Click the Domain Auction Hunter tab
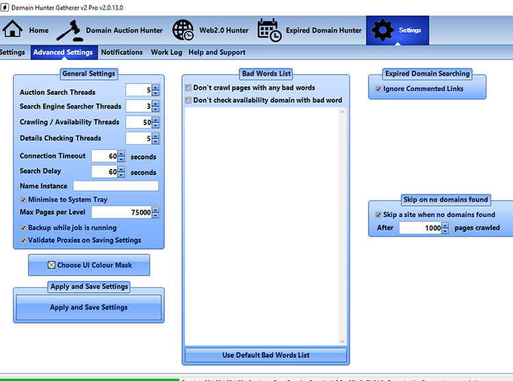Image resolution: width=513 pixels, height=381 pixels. (109, 30)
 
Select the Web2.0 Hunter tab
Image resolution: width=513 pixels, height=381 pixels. (211, 30)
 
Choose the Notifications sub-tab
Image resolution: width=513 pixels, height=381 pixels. (122, 52)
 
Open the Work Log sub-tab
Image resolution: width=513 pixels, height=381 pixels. (166, 52)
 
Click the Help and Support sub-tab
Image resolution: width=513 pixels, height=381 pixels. (217, 52)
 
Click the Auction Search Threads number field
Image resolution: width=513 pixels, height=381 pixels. (139, 90)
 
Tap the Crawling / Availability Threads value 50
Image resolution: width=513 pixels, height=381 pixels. (139, 122)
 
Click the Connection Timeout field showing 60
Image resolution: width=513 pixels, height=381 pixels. (105, 156)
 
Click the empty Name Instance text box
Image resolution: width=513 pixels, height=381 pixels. (116, 186)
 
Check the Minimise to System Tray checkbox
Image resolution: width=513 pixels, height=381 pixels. (23, 200)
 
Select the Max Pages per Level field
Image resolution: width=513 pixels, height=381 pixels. (122, 213)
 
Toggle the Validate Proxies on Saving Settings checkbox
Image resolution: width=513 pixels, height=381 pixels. (23, 240)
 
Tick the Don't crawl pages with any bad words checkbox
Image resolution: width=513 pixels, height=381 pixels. (189, 88)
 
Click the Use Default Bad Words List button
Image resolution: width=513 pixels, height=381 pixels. (265, 355)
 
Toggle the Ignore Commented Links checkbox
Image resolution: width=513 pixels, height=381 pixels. (378, 89)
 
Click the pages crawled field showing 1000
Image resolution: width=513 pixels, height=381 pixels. (420, 228)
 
